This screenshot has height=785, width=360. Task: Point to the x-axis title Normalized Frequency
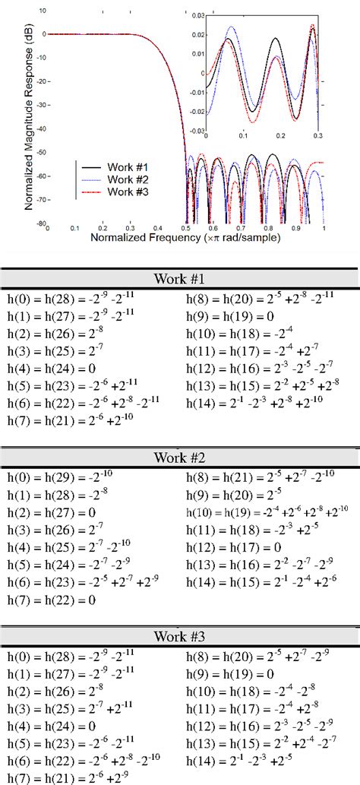coord(186,238)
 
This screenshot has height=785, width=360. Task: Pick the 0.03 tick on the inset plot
coord(198,15)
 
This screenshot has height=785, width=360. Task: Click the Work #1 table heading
coord(180,278)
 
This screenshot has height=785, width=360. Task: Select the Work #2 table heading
coord(180,458)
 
